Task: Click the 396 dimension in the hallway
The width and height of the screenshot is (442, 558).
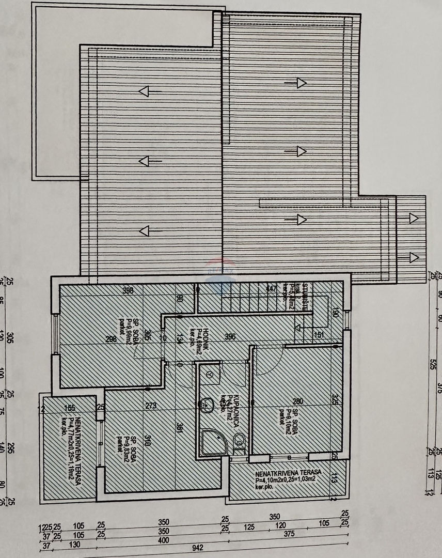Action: pyautogui.click(x=230, y=337)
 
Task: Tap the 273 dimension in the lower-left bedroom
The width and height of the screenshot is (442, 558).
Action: pyautogui.click(x=151, y=406)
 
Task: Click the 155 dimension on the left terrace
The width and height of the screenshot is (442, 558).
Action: pyautogui.click(x=70, y=408)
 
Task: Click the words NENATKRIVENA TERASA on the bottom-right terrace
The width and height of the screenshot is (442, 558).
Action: pyautogui.click(x=288, y=473)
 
